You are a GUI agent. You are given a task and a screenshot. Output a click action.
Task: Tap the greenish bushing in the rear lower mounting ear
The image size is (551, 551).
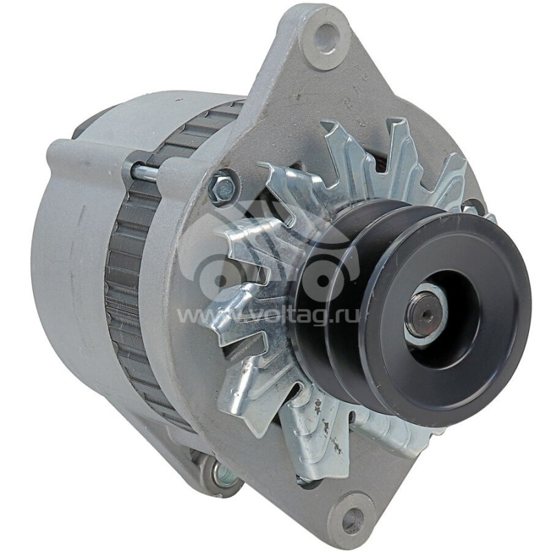[222, 473]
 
